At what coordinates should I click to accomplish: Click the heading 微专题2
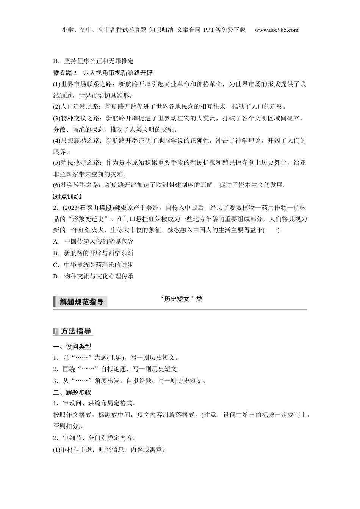coord(65,72)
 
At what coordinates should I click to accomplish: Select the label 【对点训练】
coord(67,196)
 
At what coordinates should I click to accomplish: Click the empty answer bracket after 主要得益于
coord(271,230)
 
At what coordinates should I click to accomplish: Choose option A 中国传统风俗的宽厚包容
coord(93,241)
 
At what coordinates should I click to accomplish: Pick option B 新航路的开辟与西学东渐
coord(93,253)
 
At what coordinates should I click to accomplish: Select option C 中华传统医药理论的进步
coord(93,265)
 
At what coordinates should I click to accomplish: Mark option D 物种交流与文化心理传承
coord(93,276)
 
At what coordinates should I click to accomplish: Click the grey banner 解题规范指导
coord(81,302)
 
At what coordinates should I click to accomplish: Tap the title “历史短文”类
coord(181,299)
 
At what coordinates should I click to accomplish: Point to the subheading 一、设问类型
coord(72,347)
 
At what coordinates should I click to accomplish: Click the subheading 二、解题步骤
coord(72,392)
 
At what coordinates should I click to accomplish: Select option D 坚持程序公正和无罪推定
coord(93,61)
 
